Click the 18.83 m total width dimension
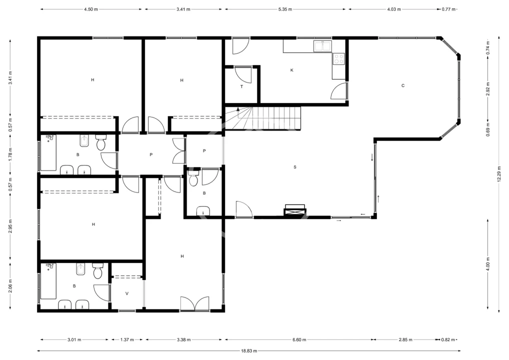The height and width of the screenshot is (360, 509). coord(249,350)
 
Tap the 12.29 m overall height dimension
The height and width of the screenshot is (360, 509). coord(499,174)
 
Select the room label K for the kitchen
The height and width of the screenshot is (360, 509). coord(292,70)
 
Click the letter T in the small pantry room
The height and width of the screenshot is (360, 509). coord(242,86)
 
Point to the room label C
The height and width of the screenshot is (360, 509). coord(403,85)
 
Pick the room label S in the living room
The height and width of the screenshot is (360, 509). coord(295,167)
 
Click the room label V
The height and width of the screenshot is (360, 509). coord(127,293)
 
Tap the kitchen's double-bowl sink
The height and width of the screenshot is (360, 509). coord(322,46)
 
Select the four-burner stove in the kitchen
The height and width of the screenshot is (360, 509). coord(339,59)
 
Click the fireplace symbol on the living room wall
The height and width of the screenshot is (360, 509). coord(295,210)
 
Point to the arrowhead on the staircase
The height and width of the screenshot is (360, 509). coord(238,109)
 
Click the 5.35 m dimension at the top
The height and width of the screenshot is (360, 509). coord(285,9)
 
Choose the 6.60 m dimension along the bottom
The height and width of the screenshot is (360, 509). coord(299,340)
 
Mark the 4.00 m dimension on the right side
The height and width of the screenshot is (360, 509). coord(488,263)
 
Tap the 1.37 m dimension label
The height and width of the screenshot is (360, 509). coord(127,340)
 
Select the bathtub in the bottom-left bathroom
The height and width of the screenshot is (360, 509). coord(48,281)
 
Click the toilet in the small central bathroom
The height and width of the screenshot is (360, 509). coord(193,178)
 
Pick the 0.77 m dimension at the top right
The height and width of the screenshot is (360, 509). coord(448,9)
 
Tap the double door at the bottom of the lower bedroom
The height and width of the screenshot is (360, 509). coord(195,304)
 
